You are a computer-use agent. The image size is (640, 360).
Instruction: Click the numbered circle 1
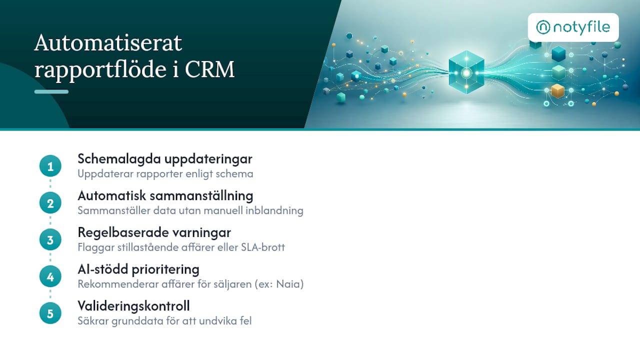pos(50,166)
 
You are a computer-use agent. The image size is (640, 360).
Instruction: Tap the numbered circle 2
pos(50,203)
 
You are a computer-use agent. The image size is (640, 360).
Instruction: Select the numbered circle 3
pos(50,239)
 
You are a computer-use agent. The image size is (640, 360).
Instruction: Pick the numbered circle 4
pos(50,276)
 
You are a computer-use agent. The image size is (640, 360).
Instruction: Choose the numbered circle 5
pos(50,313)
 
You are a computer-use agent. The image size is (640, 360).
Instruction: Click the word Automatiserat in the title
pos(108,43)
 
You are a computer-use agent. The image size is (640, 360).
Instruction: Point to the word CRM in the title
pos(209,69)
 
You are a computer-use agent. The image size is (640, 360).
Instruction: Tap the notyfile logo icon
pos(543,27)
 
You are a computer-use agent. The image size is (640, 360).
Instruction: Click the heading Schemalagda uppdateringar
pos(165,159)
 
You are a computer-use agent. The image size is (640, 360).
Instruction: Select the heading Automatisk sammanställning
pos(165,196)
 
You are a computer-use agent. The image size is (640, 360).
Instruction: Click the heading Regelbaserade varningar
pos(154,232)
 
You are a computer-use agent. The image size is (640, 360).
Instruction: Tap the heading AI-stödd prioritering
pos(138,269)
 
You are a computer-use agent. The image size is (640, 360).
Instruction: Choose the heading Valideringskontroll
pos(133,306)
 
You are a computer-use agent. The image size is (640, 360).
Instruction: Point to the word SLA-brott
pos(263,247)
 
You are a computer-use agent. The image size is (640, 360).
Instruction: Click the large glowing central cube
pos(466,72)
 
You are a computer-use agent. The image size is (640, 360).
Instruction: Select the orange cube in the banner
pos(557,91)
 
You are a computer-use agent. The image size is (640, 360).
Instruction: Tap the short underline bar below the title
pos(51,91)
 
